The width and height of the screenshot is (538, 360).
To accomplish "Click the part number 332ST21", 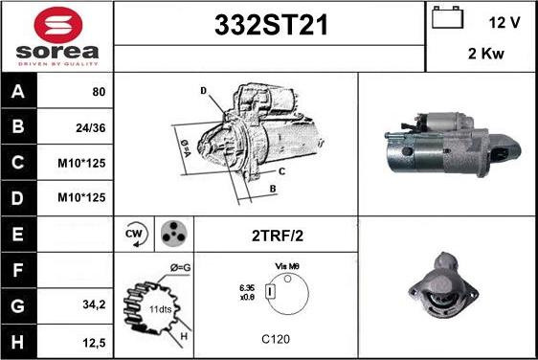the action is tap(269, 27).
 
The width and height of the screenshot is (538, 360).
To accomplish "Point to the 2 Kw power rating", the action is tap(486, 54).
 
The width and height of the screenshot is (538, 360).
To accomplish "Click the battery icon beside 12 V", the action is tap(446, 19).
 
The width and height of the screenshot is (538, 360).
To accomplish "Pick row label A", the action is tap(17, 92).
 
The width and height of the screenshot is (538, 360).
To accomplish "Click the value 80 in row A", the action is tap(98, 92).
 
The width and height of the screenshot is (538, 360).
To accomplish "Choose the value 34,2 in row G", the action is tap(94, 304).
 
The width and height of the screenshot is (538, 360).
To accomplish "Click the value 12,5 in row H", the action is tap(94, 340).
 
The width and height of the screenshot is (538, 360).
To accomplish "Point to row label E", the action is tap(17, 233).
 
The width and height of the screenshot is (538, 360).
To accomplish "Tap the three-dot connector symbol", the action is tap(171, 233).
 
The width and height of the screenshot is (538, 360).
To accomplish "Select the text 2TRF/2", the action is tap(275, 234).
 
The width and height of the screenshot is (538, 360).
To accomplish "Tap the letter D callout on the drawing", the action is tap(203, 91).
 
